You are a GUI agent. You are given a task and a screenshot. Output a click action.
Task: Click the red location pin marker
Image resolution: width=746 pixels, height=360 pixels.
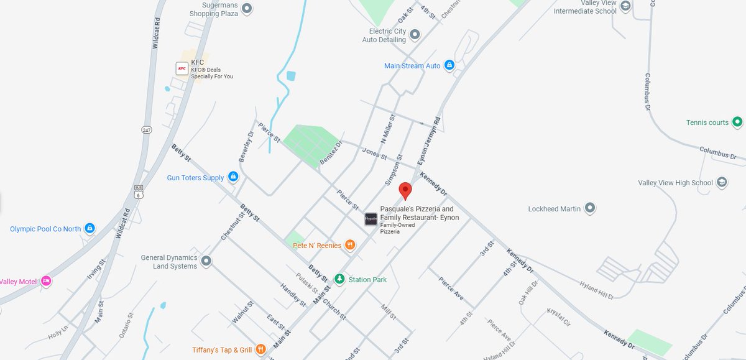[405, 190]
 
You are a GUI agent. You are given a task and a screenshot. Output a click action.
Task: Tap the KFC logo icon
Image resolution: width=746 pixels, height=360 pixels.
[182, 68]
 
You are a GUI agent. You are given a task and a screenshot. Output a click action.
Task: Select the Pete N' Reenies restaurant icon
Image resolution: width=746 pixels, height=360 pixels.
[351, 245]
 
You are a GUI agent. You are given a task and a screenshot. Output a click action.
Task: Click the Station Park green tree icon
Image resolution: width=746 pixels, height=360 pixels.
[339, 279]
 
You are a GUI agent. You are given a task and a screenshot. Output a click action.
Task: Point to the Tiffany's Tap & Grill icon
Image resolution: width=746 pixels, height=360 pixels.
[261, 349]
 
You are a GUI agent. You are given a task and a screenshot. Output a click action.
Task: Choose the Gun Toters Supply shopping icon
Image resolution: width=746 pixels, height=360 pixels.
[233, 177]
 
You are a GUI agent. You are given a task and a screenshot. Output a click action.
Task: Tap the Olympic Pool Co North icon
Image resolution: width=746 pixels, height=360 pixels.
[90, 229]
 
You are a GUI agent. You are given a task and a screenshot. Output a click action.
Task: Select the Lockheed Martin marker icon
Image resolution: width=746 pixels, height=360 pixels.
[590, 208]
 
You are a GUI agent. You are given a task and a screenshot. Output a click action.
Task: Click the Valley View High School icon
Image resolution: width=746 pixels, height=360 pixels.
[722, 182]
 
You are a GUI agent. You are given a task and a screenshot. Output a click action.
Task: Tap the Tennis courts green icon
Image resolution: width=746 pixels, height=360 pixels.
[737, 122]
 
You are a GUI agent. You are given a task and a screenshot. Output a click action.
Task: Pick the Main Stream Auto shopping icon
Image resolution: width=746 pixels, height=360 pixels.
[449, 65]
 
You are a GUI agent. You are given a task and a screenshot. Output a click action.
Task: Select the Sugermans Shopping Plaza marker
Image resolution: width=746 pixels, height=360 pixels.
[247, 9]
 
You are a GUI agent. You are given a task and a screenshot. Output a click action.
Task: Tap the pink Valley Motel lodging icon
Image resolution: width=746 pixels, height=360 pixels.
[46, 281]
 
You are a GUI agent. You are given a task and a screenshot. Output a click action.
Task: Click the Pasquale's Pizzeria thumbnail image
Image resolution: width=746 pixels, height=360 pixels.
[371, 219]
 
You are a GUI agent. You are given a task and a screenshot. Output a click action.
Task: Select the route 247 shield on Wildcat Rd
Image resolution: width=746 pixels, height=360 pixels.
[146, 130]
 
